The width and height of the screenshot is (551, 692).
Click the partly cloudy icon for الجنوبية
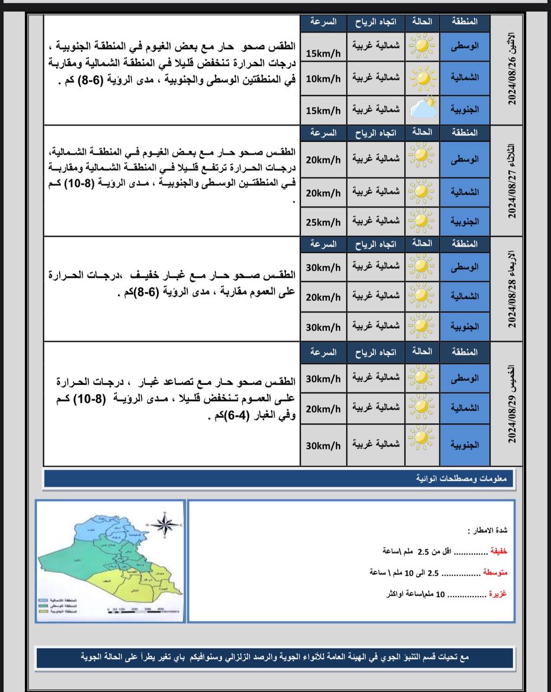coord(423,109)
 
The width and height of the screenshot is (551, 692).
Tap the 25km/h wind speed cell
coord(323,222)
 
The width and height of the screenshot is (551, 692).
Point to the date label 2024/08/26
coord(512,70)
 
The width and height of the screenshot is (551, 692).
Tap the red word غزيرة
coord(498,594)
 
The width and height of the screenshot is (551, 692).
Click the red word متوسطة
coord(495,572)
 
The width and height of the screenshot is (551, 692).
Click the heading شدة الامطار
coord(488,530)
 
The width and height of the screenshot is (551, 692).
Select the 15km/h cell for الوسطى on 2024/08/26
coord(323,54)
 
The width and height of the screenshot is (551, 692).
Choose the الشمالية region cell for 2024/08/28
coord(464,296)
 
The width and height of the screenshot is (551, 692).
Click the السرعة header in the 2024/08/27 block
coord(323,133)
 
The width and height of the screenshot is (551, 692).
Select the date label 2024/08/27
coord(512,181)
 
